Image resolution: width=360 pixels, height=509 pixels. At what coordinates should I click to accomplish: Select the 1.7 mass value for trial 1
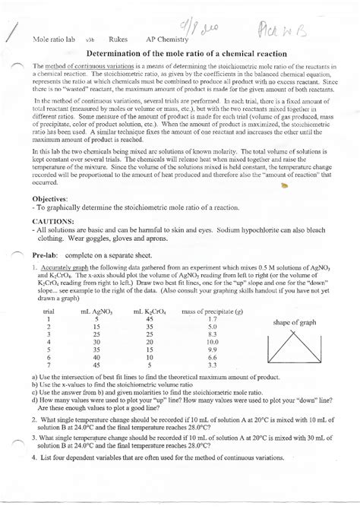point(213,319)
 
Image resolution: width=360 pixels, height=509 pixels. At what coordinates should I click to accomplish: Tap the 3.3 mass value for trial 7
point(213,365)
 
